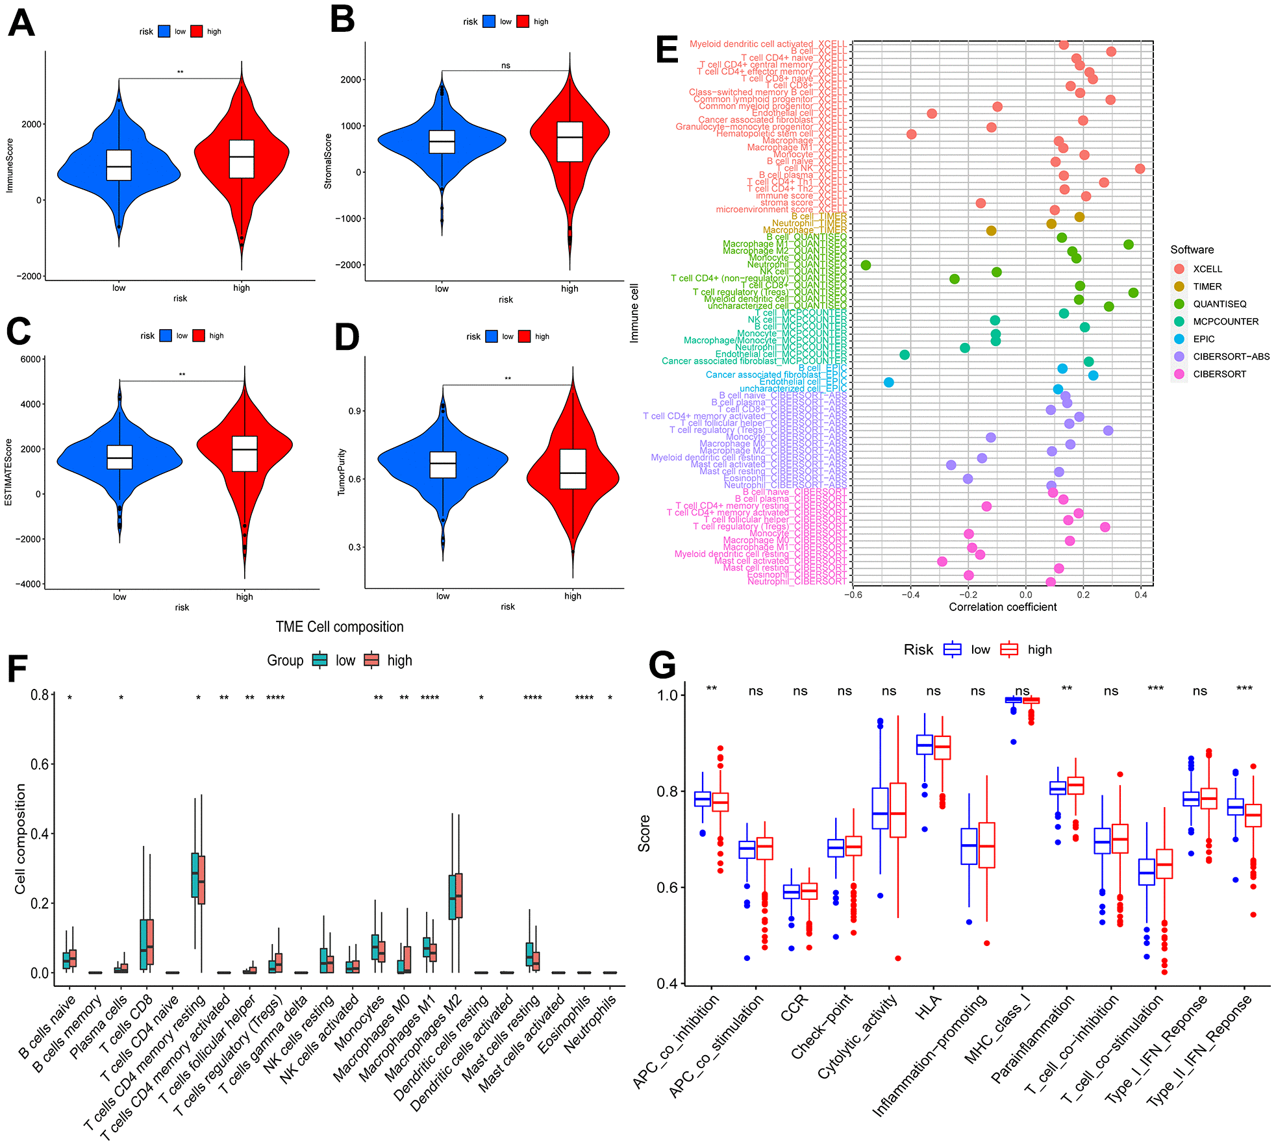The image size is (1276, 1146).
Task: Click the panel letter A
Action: coord(21,24)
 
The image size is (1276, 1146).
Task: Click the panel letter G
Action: coord(662,666)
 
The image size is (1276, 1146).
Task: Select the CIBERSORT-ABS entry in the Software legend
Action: coord(1231,356)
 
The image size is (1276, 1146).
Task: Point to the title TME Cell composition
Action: coord(339,627)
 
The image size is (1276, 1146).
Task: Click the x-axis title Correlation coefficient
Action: coord(1002,607)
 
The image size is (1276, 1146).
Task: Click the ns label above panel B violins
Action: coord(506,66)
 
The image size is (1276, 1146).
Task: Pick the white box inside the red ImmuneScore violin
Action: coord(242,159)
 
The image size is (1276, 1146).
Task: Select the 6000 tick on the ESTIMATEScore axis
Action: coord(31,359)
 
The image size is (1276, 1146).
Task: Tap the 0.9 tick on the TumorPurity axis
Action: coord(355,411)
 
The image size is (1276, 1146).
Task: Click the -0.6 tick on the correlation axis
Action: coord(853,595)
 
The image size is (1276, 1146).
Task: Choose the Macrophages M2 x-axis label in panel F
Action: coord(425,1039)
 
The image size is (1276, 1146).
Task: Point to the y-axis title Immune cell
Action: coord(634,313)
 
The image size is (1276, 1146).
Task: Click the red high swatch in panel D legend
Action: coord(524,336)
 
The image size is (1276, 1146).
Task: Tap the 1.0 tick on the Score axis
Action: coord(667,695)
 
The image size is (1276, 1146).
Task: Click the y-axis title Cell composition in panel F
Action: coord(20,838)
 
